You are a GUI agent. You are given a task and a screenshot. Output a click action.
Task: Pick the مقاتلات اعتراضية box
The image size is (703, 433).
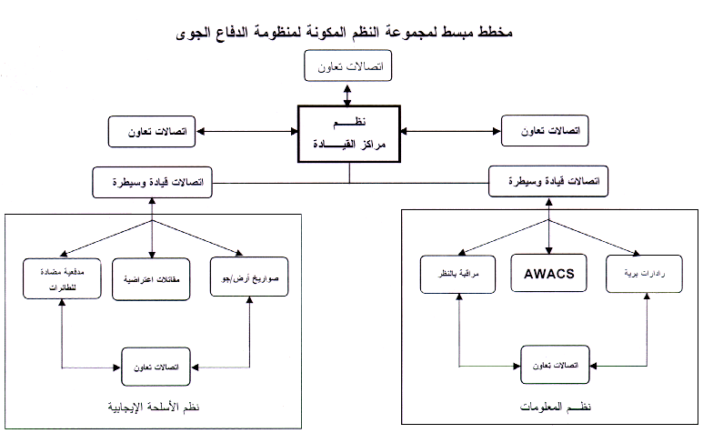151,277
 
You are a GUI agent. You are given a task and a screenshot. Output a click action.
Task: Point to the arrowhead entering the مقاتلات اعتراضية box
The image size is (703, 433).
151,255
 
